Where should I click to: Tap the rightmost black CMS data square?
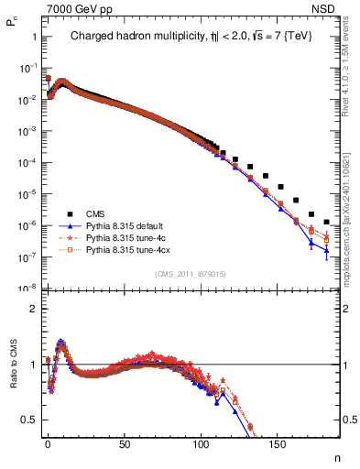(x=327, y=222)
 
